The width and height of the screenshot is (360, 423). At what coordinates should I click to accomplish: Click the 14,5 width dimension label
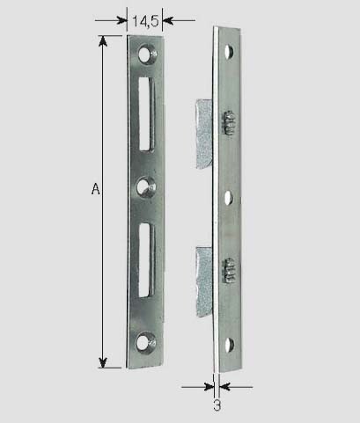point(145,21)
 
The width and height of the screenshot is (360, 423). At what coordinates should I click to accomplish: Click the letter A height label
point(95,189)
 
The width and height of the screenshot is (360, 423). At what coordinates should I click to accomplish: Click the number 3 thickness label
point(217,405)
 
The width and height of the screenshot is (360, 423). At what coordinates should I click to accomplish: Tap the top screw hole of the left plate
point(147,54)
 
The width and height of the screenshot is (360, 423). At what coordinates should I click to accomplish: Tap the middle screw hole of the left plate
point(146,187)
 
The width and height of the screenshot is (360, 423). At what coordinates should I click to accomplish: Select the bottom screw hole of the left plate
point(145,342)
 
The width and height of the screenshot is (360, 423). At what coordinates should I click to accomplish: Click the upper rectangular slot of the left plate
point(146,114)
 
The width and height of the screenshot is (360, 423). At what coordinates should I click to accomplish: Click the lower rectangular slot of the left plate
point(146,260)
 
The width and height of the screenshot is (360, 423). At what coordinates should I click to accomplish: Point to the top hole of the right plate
point(229,52)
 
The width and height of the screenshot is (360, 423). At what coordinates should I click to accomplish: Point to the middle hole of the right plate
point(229,198)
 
